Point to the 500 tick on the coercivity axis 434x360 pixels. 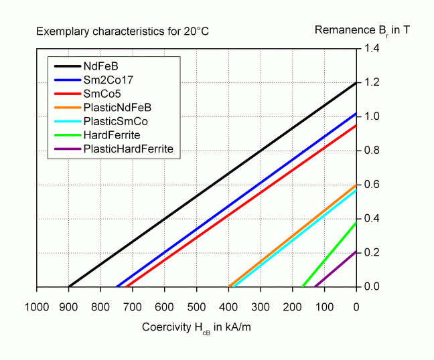point(196,308)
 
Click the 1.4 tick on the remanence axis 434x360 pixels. point(372,49)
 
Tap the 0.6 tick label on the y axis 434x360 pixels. point(372,185)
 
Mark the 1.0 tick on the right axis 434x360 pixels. point(372,117)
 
